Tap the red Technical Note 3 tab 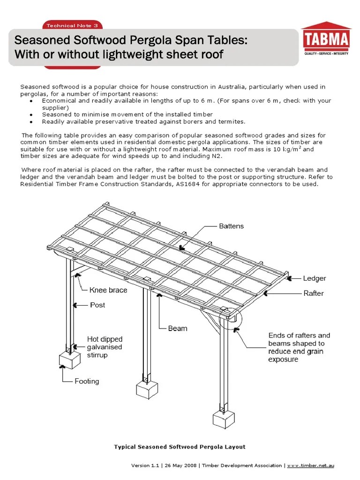coord(72,25)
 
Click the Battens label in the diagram coord(232,226)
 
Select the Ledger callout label coord(314,278)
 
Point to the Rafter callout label coord(313,293)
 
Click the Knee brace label coord(108,290)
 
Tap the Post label coord(97,305)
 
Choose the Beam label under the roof coord(178,328)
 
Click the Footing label coord(87,381)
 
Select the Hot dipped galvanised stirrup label coord(105,347)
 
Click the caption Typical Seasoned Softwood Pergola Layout coord(180,447)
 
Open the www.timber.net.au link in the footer coord(311,465)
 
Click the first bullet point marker coord(30,101)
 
